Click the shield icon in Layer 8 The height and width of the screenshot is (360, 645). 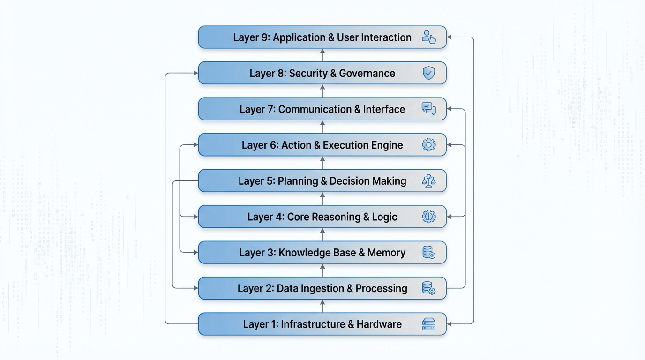428,73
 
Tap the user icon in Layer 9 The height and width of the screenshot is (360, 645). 428,37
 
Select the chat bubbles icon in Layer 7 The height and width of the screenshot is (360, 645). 428,109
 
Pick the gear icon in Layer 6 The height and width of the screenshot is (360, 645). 428,145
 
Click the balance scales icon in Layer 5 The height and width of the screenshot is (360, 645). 428,181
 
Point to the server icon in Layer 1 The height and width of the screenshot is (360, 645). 428,324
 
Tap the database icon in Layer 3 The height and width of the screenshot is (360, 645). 428,253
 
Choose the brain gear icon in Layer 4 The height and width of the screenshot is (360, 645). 428,217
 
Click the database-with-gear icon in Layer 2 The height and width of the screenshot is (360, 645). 428,288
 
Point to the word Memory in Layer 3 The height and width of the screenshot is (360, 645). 386,253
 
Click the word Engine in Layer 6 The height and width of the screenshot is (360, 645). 386,145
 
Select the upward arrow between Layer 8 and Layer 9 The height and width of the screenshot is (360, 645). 322,55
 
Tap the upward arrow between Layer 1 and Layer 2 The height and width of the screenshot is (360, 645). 322,306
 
